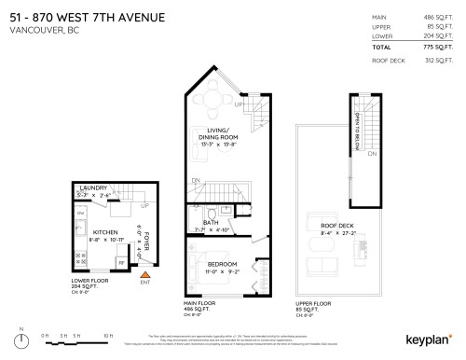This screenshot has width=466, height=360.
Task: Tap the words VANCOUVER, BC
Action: click(40, 30)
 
